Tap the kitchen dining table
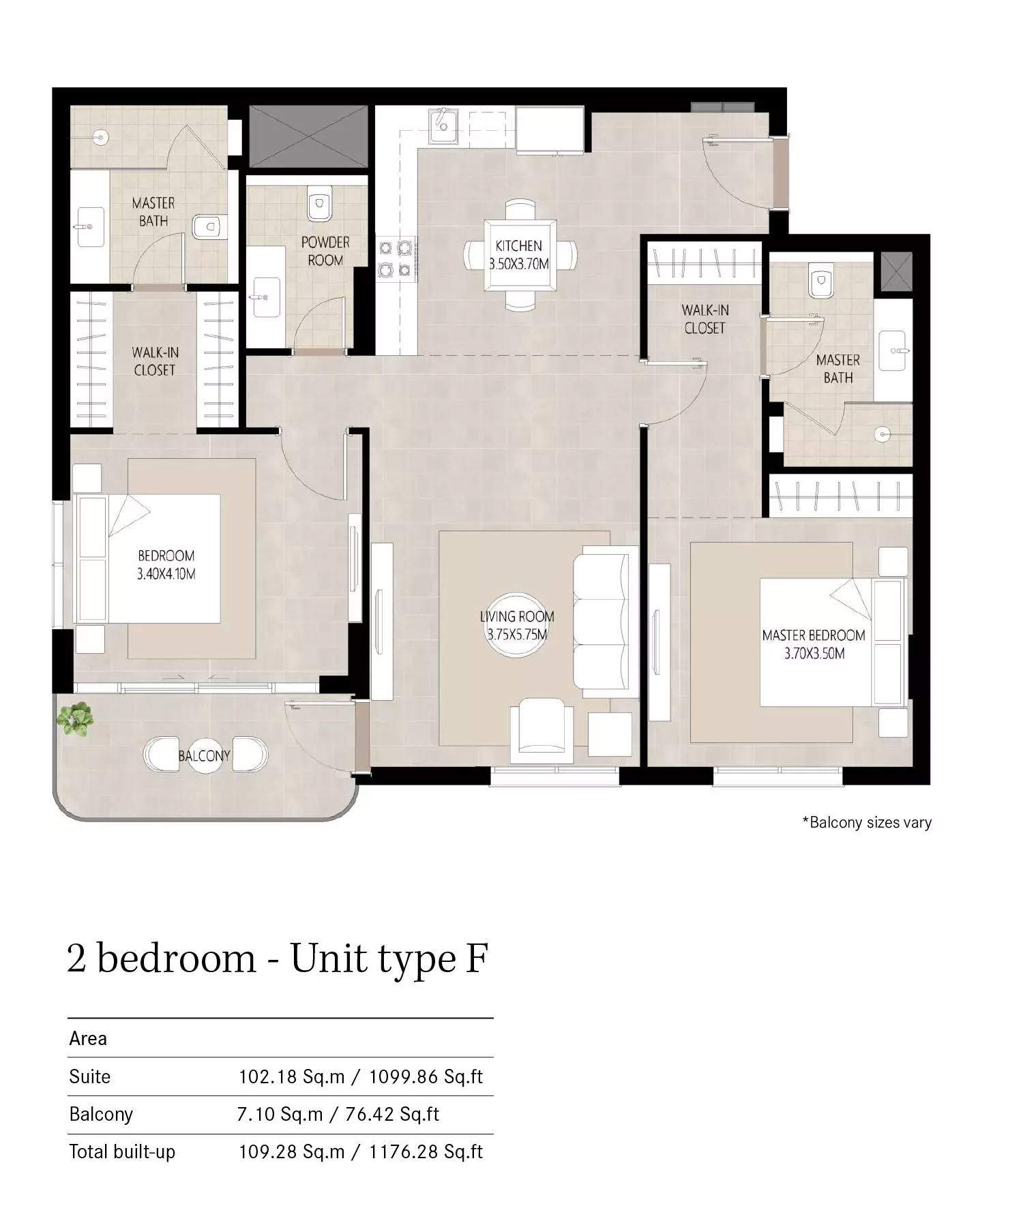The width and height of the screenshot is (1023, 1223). point(520,255)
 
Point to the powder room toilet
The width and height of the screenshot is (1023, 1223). point(318,202)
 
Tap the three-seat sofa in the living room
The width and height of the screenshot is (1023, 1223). point(601,622)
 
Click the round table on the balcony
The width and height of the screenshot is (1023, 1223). point(204,755)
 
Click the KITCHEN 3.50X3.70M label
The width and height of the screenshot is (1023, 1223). point(519,255)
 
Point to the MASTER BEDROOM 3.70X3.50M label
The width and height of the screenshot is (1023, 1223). point(814,644)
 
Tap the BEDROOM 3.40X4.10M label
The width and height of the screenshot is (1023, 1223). point(166,564)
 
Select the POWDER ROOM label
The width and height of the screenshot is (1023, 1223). point(325,251)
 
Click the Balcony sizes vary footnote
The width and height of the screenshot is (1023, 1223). point(867,822)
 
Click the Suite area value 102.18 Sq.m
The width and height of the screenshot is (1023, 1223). point(291,1076)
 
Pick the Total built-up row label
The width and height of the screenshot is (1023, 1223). point(122,1151)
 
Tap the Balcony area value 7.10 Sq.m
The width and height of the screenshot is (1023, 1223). point(280,1114)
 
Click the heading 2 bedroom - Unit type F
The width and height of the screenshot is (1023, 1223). point(278,958)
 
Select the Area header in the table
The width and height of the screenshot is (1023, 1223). point(88,1038)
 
